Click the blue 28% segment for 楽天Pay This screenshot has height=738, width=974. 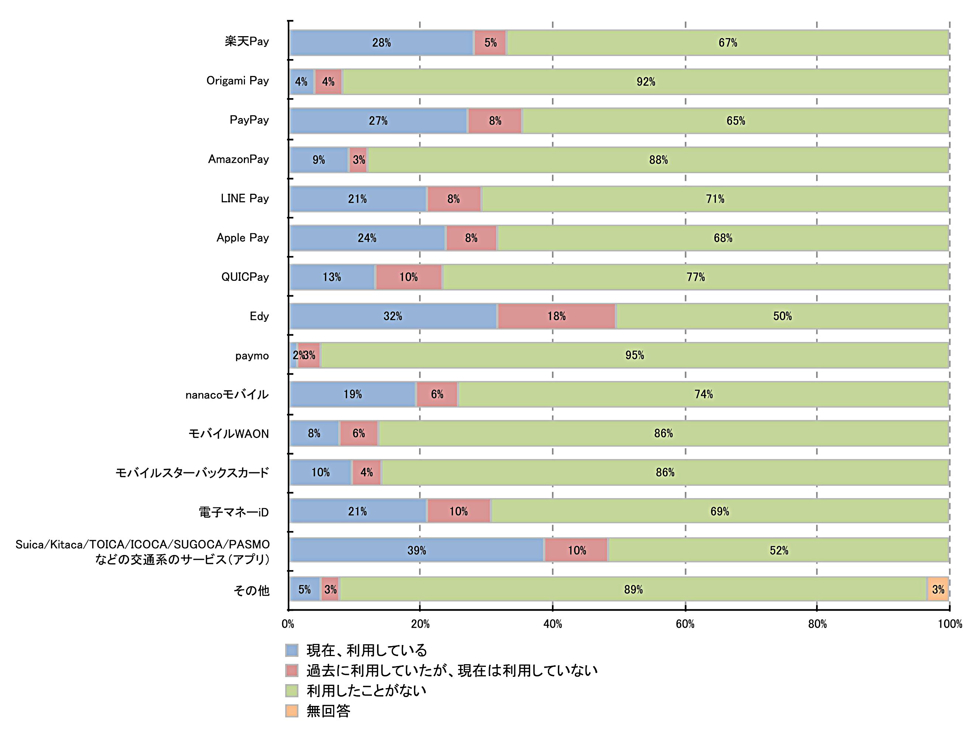tap(381, 43)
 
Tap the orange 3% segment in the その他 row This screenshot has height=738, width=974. tap(937, 590)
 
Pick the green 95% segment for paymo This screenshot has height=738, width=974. tap(634, 355)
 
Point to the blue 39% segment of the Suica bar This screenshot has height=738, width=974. tap(417, 551)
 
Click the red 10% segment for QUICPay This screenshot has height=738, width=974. tap(409, 277)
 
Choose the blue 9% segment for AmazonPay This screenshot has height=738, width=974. tap(319, 160)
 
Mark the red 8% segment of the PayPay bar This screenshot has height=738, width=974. tap(495, 121)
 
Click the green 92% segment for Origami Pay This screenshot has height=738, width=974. tap(646, 82)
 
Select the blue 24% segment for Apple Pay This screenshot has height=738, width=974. tap(367, 238)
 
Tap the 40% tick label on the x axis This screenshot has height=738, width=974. tap(553, 624)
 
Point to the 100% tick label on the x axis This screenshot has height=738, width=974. tap(950, 624)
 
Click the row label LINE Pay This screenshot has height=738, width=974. tap(245, 199)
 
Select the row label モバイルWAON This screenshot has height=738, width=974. tap(228, 434)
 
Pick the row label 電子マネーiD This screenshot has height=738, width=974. tap(234, 512)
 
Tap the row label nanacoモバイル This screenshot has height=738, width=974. tap(227, 394)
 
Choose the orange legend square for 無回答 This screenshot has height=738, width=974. tap(292, 711)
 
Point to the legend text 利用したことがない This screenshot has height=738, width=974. tap(366, 690)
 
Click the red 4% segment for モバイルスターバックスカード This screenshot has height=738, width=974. tap(366, 472)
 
